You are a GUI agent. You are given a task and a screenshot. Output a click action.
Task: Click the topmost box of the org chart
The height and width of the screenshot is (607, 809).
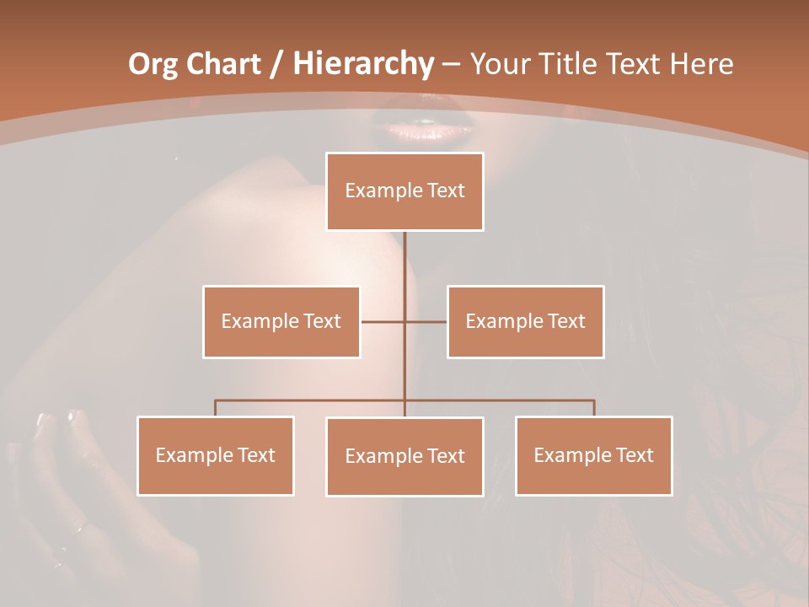pyautogui.click(x=404, y=191)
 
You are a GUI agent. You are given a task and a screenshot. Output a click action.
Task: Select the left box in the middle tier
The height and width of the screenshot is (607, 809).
pyautogui.click(x=281, y=321)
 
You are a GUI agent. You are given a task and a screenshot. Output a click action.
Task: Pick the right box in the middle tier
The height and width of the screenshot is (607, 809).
pyautogui.click(x=525, y=321)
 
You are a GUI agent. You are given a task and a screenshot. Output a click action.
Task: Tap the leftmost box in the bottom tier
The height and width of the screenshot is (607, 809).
pyautogui.click(x=215, y=455)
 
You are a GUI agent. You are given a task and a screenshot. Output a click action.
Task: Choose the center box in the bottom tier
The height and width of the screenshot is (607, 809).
pyautogui.click(x=404, y=456)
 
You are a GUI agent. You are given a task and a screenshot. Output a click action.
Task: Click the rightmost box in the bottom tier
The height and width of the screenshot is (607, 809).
pyautogui.click(x=593, y=455)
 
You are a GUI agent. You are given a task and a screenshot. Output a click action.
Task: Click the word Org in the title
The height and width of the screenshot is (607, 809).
pyautogui.click(x=153, y=64)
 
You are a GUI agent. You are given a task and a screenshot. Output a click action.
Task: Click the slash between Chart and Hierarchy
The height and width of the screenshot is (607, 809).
pyautogui.click(x=277, y=64)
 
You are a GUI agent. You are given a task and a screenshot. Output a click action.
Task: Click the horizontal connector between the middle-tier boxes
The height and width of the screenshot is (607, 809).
pyautogui.click(x=383, y=321)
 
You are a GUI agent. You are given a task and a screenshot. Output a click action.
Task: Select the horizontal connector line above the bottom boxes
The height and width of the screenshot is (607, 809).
pyautogui.click(x=312, y=400)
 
